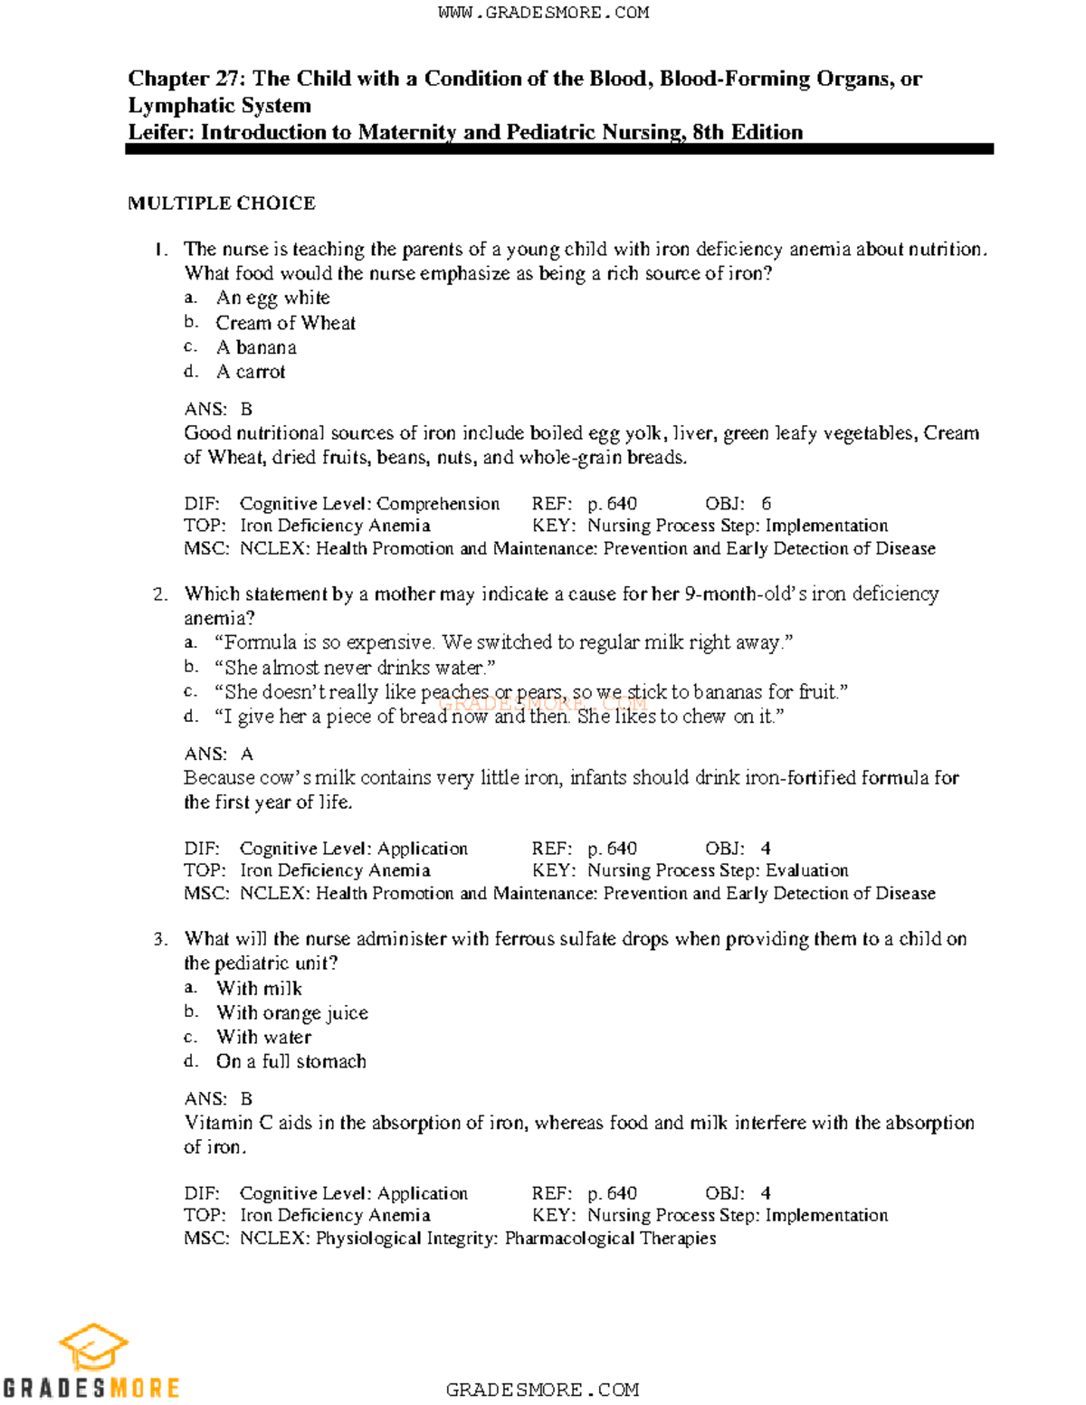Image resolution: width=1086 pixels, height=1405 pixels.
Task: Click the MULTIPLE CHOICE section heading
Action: point(222,204)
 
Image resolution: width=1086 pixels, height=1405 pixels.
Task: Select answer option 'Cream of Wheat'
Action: point(285,323)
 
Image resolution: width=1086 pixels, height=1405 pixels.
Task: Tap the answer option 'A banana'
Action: point(256,347)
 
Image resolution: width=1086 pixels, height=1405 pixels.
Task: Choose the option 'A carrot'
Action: point(251,372)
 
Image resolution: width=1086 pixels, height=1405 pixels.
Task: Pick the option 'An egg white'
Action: point(272,298)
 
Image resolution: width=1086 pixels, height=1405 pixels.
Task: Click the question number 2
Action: point(160,594)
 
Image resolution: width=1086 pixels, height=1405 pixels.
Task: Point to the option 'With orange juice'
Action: point(291,1012)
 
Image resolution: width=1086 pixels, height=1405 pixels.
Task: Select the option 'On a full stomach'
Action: point(291,1061)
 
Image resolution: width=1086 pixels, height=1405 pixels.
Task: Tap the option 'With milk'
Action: point(259,988)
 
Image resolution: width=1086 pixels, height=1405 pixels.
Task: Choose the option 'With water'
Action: point(263,1037)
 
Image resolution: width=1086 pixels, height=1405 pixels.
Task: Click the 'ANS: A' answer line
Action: point(219,754)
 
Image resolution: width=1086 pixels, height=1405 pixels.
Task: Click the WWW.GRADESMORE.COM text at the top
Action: point(543,13)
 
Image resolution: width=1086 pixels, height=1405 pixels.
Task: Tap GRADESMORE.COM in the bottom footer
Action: point(542,1390)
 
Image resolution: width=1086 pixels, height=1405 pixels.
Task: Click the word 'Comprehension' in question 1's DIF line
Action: point(438,504)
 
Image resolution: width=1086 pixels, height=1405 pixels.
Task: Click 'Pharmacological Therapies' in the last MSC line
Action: point(610,1238)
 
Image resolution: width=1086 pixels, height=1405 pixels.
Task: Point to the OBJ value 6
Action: point(766,504)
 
